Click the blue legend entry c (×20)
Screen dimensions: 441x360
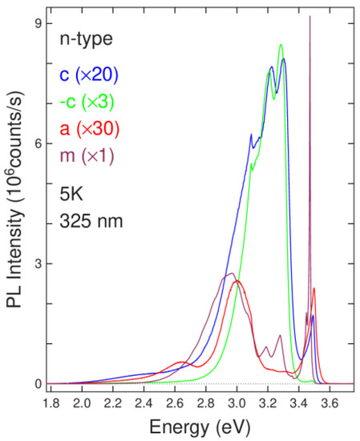87,75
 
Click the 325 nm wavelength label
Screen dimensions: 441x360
89,220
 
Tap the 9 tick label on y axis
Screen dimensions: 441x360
36,23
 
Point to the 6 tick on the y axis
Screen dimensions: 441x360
36,144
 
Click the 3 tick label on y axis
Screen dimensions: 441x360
36,264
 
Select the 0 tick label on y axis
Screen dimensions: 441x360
36,384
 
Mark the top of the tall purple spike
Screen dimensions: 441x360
309,17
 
